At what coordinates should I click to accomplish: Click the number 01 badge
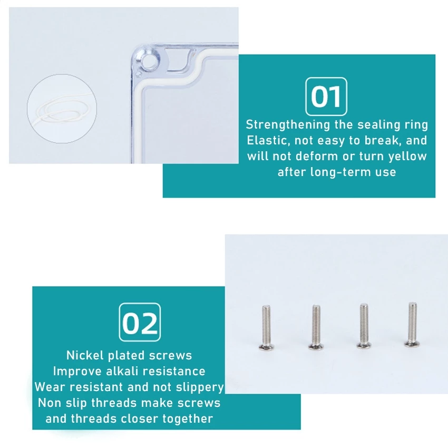[x=326, y=96]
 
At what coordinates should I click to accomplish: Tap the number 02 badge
[x=140, y=322]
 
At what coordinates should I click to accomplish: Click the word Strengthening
[x=288, y=125]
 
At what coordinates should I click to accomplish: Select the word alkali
[x=122, y=371]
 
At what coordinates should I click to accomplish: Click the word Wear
[x=50, y=387]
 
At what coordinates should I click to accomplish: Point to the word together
[x=188, y=419]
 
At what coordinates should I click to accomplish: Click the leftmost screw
[x=267, y=327]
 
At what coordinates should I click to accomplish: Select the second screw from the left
[x=316, y=327]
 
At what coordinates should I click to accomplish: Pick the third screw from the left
[x=364, y=326]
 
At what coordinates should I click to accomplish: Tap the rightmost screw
[x=412, y=325]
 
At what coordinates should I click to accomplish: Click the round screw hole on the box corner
[x=149, y=61]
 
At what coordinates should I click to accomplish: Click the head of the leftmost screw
[x=267, y=347]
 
